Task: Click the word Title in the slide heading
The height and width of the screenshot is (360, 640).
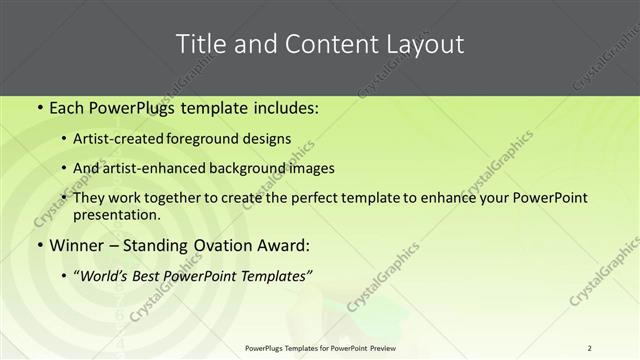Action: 200,44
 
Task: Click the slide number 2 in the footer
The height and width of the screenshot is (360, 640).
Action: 589,348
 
